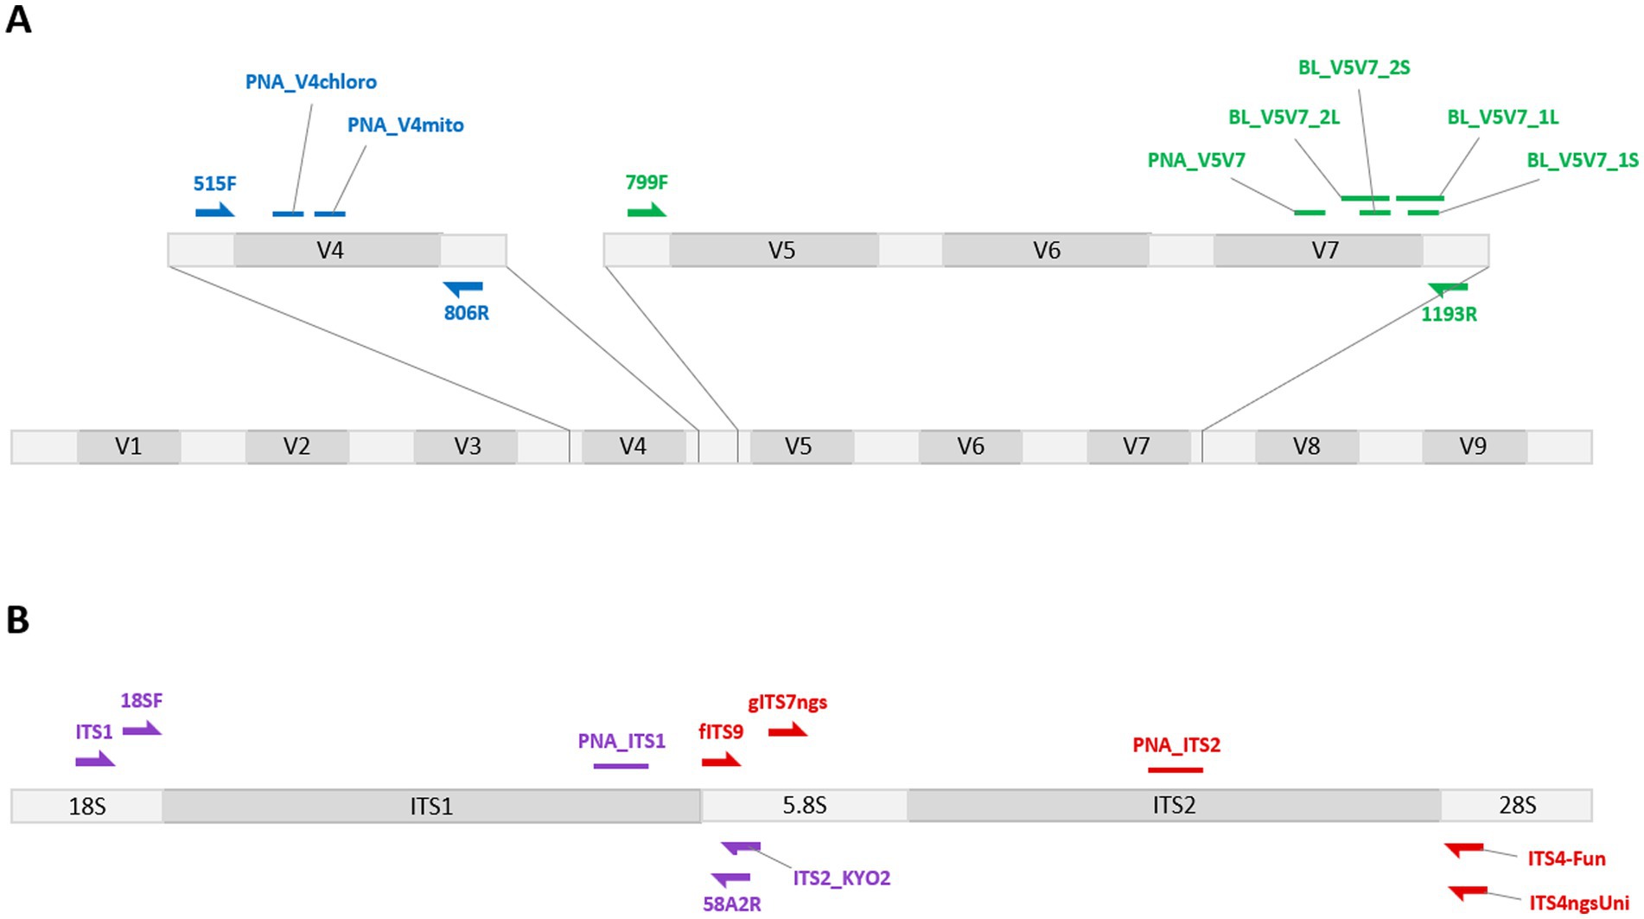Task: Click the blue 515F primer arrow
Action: coord(214,212)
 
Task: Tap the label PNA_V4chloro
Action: coord(311,82)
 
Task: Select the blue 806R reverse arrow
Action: coord(464,288)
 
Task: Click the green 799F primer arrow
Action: coord(647,212)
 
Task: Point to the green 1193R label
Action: coord(1449,315)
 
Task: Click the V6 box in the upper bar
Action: coord(1046,251)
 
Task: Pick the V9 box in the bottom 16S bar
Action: coord(1473,446)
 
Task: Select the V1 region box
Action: coord(129,446)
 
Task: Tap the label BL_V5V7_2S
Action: coord(1354,67)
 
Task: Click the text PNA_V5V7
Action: coord(1196,160)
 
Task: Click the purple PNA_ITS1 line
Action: coord(621,766)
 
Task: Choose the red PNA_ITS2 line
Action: coord(1175,769)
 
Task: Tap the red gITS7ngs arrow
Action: coord(787,731)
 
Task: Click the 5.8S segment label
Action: coord(804,806)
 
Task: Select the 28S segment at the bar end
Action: coord(1517,806)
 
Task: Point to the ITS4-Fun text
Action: coord(1566,859)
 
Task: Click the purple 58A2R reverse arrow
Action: coord(731,879)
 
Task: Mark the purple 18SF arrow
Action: coord(142,731)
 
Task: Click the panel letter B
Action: coord(17,620)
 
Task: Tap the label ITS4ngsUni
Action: coord(1579,904)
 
